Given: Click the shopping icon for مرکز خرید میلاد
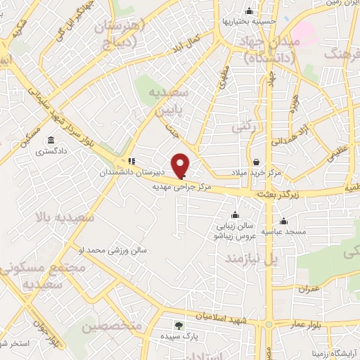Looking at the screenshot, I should point(256,162).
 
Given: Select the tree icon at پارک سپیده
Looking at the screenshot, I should point(178,325).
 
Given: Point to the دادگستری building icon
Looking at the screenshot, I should point(51,139).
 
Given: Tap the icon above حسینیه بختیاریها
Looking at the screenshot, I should point(249,11).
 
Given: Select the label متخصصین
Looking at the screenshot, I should point(112,327).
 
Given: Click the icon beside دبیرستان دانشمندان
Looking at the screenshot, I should point(131,160).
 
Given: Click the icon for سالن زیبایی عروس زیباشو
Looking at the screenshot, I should point(233,216).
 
